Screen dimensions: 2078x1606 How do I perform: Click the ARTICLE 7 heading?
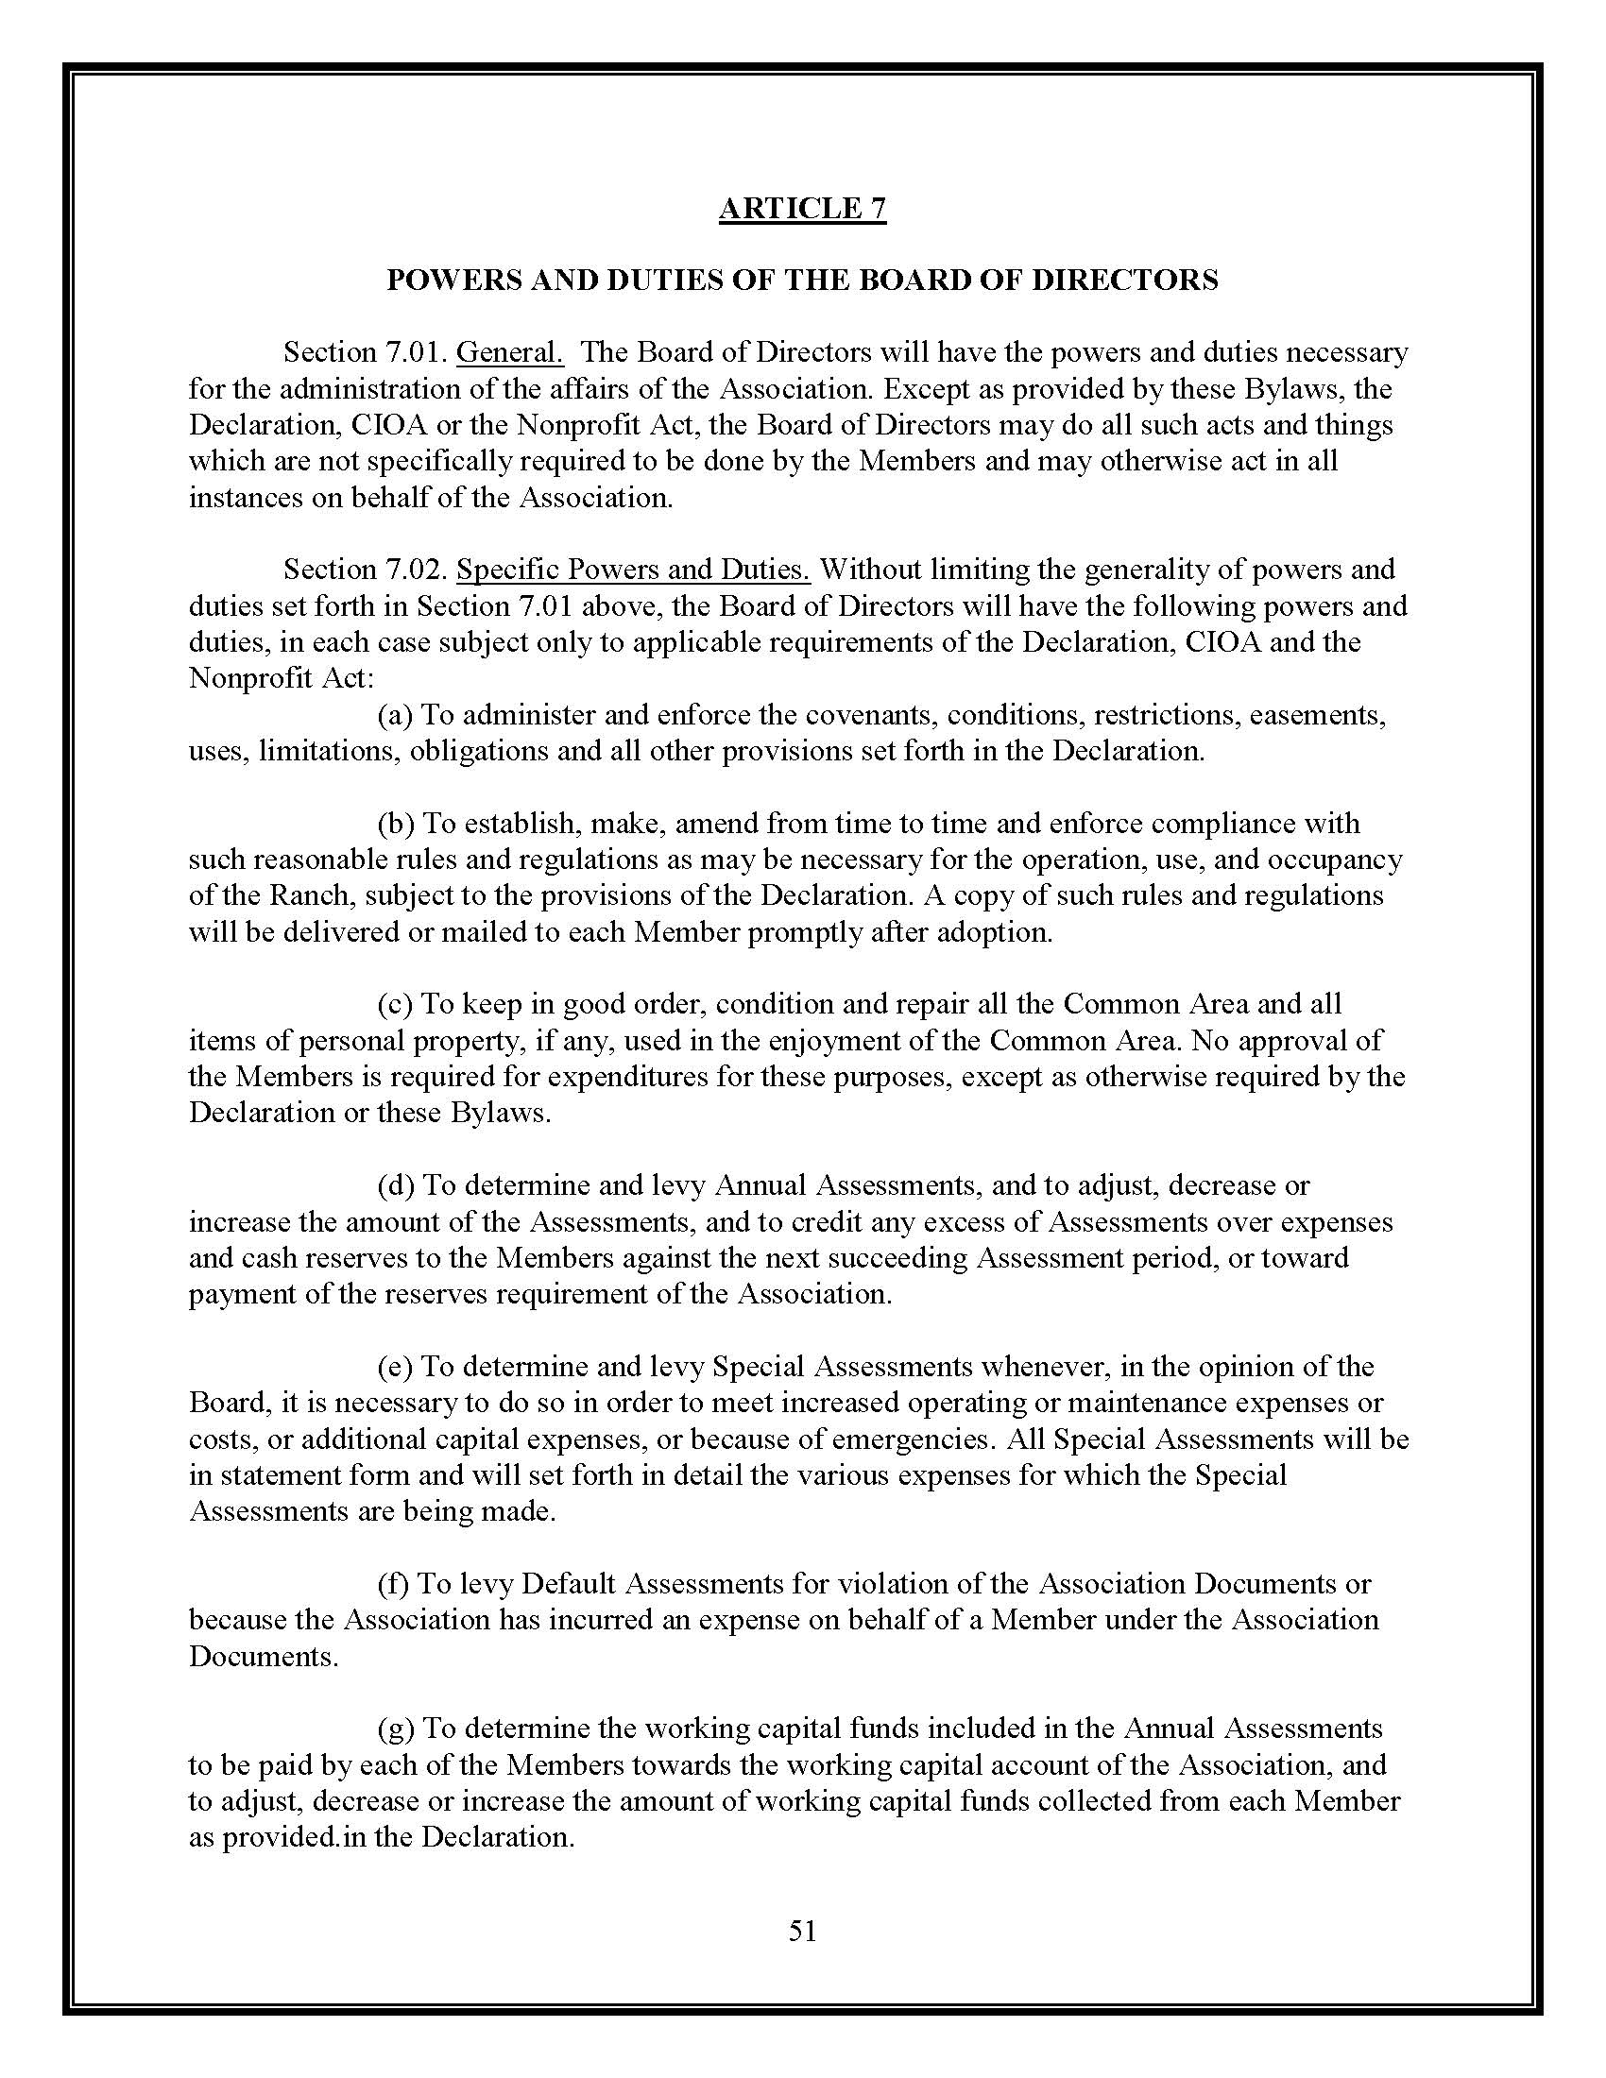pos(802,209)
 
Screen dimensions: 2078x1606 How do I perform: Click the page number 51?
pos(802,1930)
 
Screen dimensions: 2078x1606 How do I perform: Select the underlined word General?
pos(510,353)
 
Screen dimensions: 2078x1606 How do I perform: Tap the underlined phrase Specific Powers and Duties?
pos(633,570)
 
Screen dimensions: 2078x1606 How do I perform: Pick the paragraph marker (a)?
pos(394,715)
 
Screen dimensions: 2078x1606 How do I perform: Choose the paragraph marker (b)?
pos(395,823)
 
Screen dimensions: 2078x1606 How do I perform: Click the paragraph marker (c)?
pos(394,1004)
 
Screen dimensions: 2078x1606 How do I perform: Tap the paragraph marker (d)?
pos(395,1185)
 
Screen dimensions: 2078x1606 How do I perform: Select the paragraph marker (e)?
pos(394,1368)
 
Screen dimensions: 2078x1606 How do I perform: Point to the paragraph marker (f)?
pos(392,1584)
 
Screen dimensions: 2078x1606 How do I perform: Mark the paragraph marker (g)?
pos(395,1729)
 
